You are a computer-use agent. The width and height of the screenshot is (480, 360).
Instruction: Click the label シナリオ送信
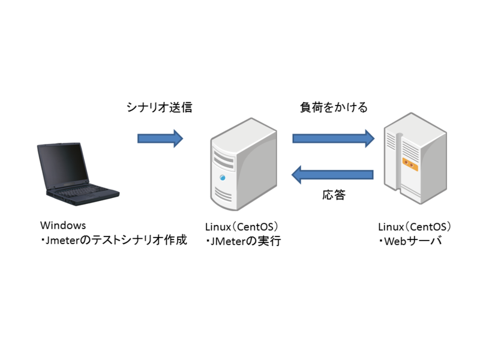pos(158,109)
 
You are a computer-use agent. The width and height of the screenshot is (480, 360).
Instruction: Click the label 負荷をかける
pos(333,109)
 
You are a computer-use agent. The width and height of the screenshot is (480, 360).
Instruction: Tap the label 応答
pos(334,195)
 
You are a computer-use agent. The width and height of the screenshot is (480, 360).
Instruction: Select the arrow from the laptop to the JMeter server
pos(160,139)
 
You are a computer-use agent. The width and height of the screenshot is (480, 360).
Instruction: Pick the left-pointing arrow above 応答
pos(332,175)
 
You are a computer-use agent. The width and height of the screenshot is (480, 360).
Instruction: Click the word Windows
pos(63,226)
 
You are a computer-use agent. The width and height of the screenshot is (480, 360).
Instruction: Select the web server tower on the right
pos(415,159)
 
